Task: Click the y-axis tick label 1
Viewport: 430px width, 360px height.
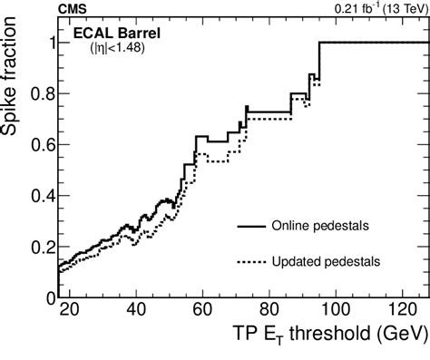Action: point(47,43)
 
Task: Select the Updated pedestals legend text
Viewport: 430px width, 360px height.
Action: point(325,260)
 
